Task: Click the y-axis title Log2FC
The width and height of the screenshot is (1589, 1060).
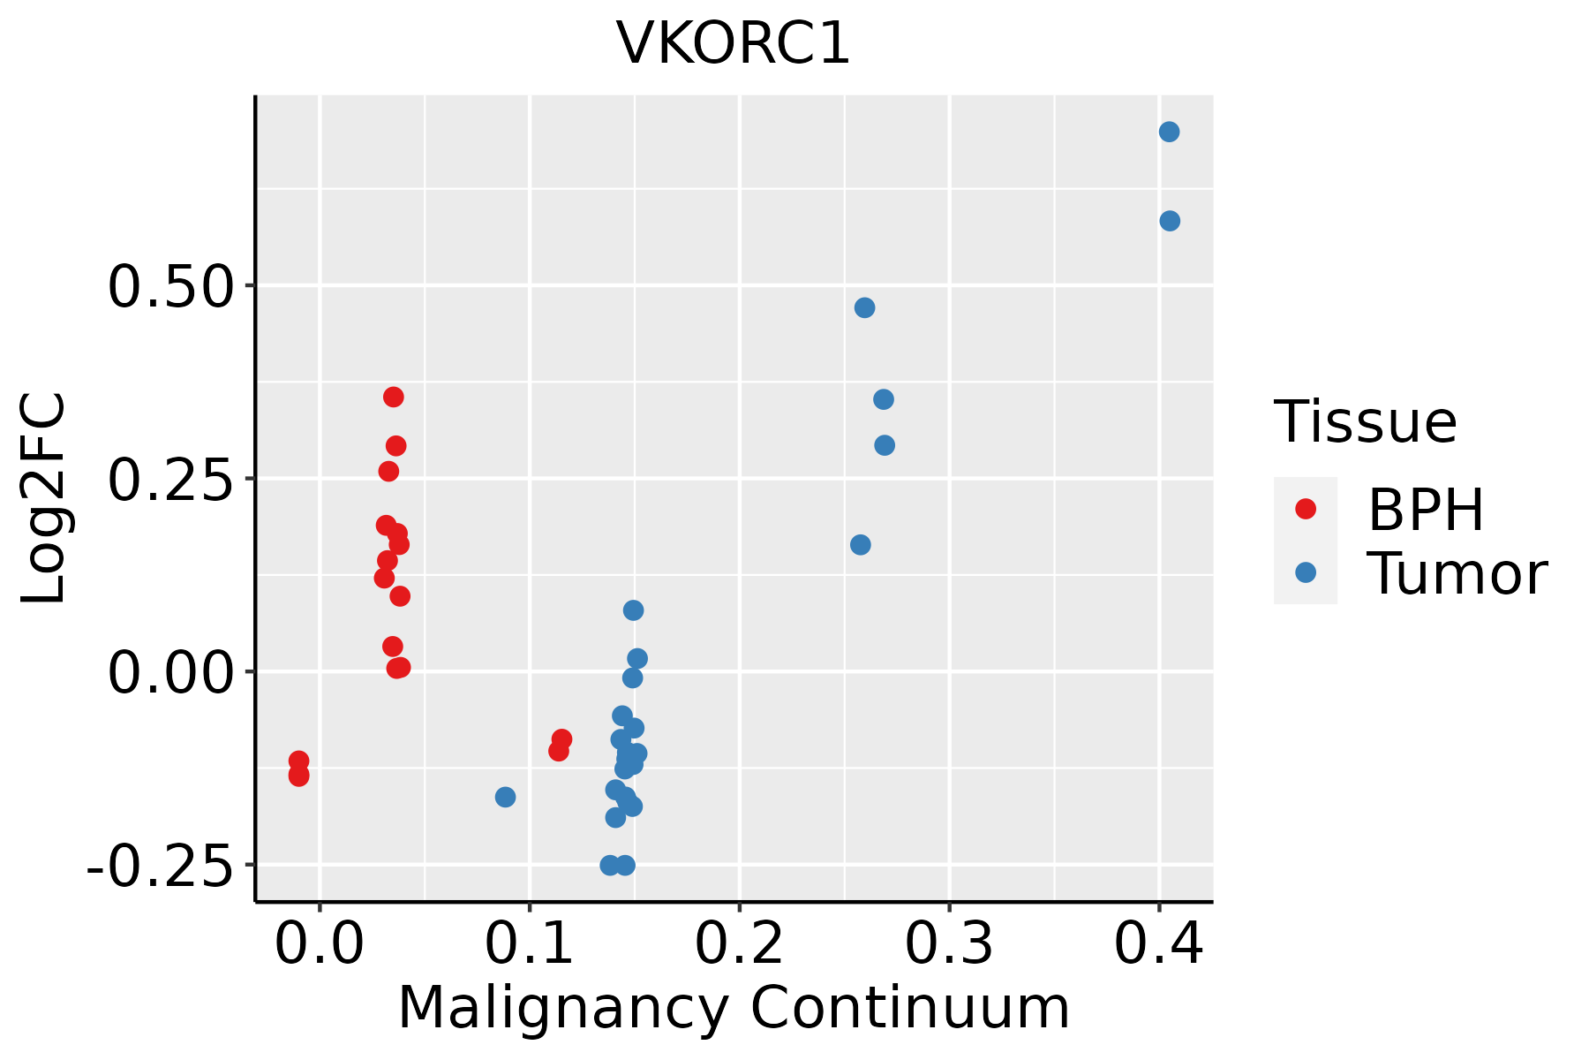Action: [x=44, y=499]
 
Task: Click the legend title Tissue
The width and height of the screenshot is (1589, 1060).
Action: [x=1366, y=422]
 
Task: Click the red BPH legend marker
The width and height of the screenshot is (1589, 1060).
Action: [x=1305, y=509]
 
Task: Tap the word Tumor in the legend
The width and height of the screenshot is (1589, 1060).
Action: [x=1457, y=574]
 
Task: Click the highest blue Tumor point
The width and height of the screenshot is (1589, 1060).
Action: [x=1169, y=132]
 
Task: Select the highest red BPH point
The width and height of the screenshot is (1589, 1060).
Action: [x=394, y=397]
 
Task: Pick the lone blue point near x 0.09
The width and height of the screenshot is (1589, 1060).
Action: [x=505, y=798]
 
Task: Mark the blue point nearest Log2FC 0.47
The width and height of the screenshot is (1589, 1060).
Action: [x=864, y=308]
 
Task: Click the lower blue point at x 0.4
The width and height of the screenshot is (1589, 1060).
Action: [x=1170, y=221]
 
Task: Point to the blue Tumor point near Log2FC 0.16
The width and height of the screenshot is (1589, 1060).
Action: [x=860, y=545]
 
